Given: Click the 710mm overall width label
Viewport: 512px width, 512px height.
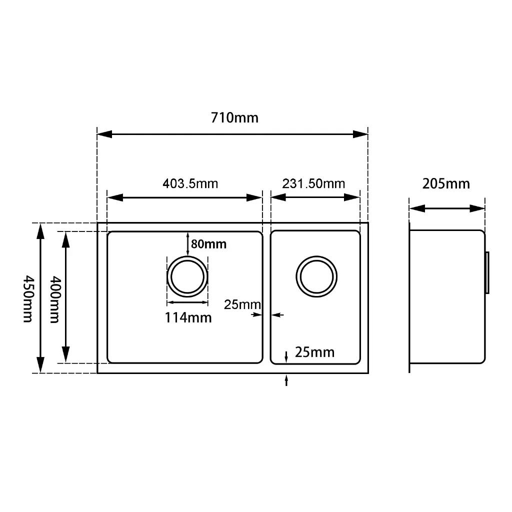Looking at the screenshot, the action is [x=234, y=117].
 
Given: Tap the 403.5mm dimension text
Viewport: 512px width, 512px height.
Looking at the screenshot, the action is [x=190, y=183].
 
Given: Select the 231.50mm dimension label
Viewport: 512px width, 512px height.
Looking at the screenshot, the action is [x=313, y=183].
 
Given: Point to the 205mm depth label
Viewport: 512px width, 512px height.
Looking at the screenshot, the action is [x=446, y=184].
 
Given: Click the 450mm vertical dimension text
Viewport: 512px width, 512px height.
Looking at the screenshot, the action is [x=28, y=299].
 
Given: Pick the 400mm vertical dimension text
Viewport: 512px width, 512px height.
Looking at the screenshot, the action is [x=55, y=299].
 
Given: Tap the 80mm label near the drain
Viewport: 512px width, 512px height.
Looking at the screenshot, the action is [x=208, y=244].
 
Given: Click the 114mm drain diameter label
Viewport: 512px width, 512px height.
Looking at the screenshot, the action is [x=188, y=317].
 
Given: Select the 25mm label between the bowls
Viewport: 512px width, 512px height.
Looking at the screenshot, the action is [x=242, y=304].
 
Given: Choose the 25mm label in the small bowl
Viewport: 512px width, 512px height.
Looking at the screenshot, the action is [x=315, y=352].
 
